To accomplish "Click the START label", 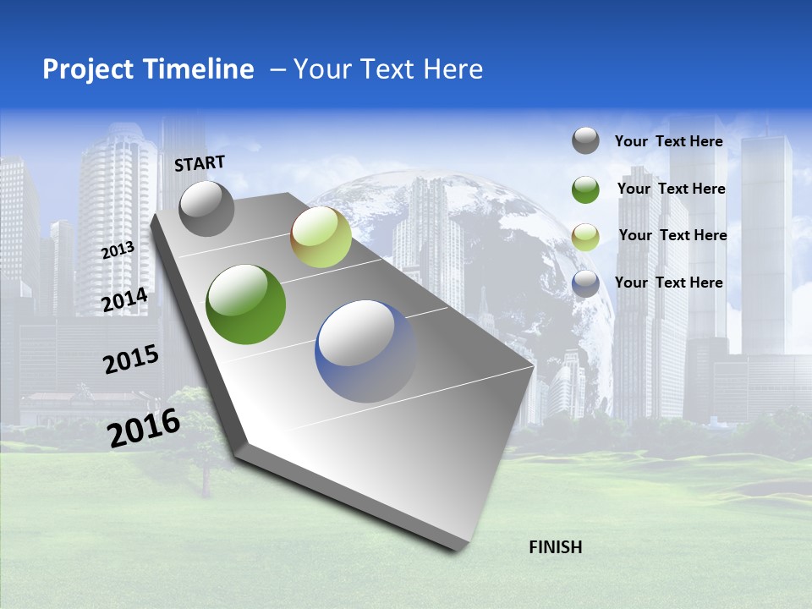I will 200,163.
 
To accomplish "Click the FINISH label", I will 555,547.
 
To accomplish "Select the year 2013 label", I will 118,250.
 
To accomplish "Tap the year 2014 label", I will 124,300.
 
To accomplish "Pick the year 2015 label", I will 130,359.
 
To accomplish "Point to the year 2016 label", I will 144,427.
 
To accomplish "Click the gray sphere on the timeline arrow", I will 206,208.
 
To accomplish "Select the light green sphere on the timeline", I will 321,237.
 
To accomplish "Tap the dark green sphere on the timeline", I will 246,304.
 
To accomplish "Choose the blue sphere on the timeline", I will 366,351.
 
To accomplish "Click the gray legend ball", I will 585,140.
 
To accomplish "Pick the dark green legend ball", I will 585,189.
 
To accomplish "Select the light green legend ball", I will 585,236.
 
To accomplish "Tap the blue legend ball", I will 585,283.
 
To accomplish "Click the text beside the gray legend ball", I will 668,141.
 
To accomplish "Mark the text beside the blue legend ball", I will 668,283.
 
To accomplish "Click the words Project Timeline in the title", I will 148,69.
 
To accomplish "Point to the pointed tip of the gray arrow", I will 461,547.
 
